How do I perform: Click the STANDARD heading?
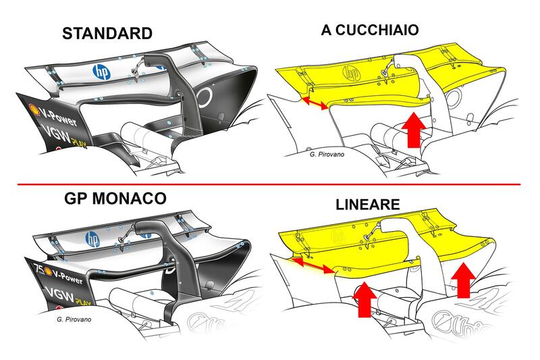pyautogui.click(x=107, y=33)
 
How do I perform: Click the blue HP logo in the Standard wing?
pyautogui.click(x=101, y=71)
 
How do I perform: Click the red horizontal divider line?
pyautogui.click(x=270, y=184)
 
